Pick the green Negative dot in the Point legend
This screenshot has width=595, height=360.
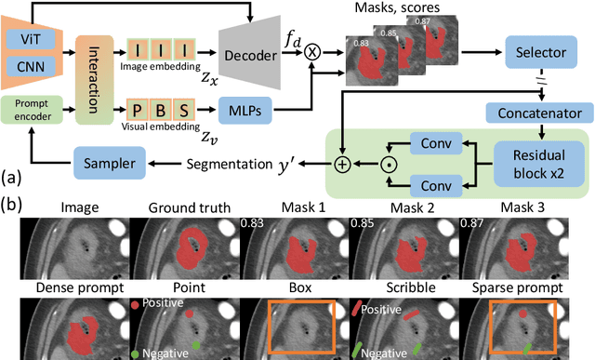click(x=137, y=353)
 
